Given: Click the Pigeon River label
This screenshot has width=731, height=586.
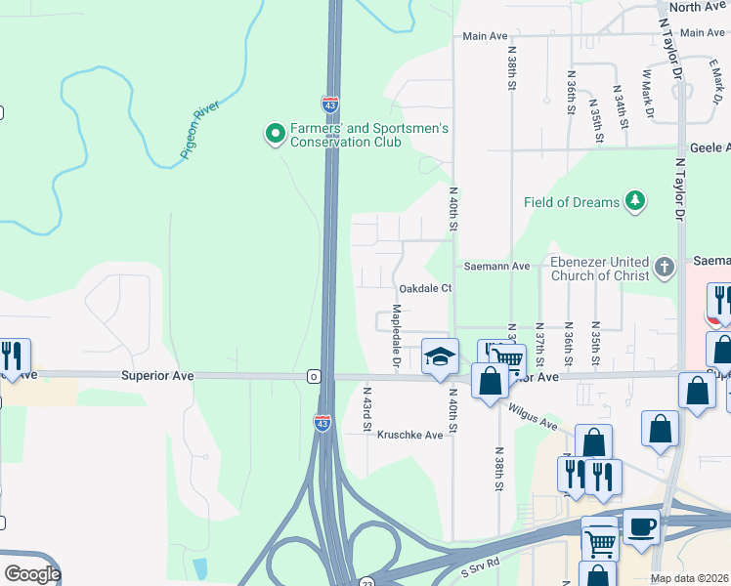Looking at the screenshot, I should [x=200, y=131].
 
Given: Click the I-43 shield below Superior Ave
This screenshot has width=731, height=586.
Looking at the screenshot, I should [x=322, y=422].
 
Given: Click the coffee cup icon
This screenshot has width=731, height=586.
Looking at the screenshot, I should [x=641, y=524].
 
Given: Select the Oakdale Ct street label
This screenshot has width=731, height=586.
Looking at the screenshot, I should [x=425, y=289].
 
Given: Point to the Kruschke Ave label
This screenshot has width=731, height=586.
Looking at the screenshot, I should [x=410, y=435].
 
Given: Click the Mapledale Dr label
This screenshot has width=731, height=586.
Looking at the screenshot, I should [x=397, y=338].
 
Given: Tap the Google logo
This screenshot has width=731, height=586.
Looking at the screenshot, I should [x=31, y=574].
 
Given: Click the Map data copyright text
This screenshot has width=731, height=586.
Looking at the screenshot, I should [x=690, y=578].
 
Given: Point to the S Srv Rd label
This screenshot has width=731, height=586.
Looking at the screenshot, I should [x=480, y=564].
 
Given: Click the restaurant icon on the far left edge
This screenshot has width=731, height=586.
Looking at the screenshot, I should [x=14, y=356].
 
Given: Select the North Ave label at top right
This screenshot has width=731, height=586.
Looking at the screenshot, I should [x=698, y=7].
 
